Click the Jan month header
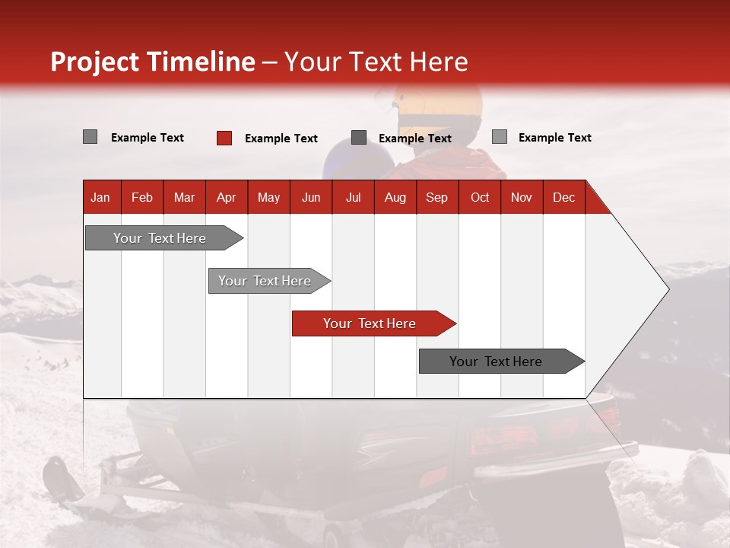(x=100, y=198)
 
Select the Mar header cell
(x=184, y=198)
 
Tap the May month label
(x=268, y=198)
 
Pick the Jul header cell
(x=353, y=198)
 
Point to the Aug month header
(x=395, y=198)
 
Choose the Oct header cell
(x=480, y=198)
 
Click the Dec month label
(x=563, y=198)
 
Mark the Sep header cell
(x=437, y=198)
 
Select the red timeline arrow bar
(x=373, y=323)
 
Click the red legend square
(x=224, y=138)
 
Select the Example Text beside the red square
(x=281, y=139)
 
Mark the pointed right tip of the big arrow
(x=667, y=289)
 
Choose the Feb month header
(x=142, y=198)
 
